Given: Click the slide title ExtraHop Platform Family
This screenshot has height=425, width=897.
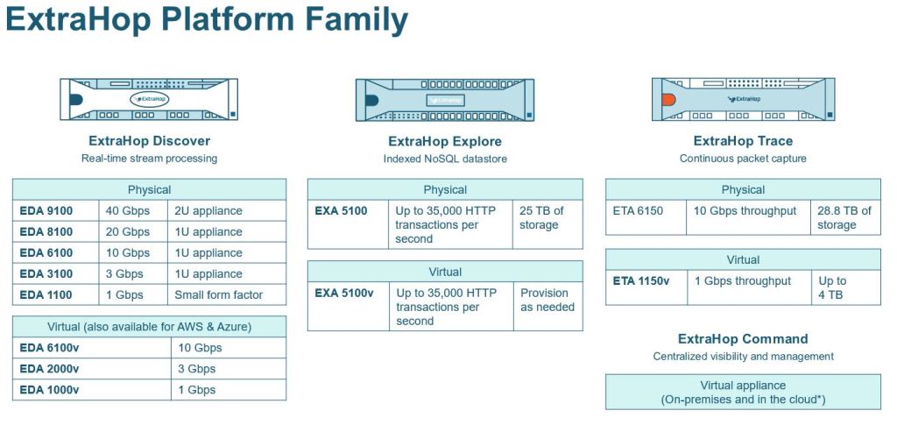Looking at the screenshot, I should pyautogui.click(x=207, y=19).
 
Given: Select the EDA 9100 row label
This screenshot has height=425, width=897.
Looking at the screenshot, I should pyautogui.click(x=46, y=211).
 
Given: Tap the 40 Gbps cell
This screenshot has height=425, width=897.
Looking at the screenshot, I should pyautogui.click(x=129, y=211).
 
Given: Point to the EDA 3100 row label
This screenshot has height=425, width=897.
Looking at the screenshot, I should pyautogui.click(x=46, y=273).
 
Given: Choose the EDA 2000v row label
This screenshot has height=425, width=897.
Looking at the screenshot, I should pyautogui.click(x=50, y=369).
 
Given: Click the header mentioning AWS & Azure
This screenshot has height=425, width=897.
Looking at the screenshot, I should pyautogui.click(x=149, y=327).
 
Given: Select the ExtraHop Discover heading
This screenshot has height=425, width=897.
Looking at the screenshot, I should pyautogui.click(x=149, y=140).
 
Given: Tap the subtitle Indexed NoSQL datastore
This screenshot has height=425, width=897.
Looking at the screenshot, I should pyautogui.click(x=445, y=159).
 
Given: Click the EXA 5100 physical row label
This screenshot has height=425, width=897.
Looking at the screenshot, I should pyautogui.click(x=341, y=211).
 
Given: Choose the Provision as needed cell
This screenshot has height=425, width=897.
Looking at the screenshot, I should pyautogui.click(x=547, y=300).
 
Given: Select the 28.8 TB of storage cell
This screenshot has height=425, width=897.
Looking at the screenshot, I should pyautogui.click(x=844, y=218).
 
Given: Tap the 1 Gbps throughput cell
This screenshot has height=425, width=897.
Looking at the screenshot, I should pyautogui.click(x=742, y=281).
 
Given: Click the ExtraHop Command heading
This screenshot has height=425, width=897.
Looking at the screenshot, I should pyautogui.click(x=743, y=339).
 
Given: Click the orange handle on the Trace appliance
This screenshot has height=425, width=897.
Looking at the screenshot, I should pyautogui.click(x=668, y=99).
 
